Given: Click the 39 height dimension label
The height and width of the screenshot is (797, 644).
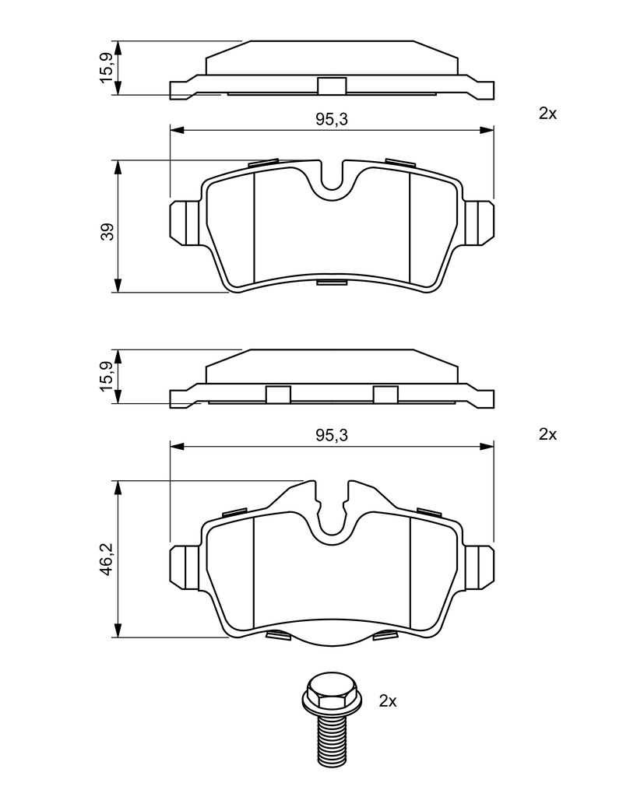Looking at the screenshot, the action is (x=107, y=232).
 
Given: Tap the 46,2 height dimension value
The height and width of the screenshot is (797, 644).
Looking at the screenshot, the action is (x=107, y=559).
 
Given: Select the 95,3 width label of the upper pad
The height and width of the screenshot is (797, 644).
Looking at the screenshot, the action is (x=332, y=119).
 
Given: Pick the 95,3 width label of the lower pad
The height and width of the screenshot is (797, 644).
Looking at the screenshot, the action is (x=332, y=435).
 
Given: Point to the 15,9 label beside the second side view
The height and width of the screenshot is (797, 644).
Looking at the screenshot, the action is (x=107, y=376).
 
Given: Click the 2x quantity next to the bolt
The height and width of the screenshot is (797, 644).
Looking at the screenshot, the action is (x=388, y=701).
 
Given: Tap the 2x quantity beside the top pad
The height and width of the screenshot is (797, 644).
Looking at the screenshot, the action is (x=548, y=114).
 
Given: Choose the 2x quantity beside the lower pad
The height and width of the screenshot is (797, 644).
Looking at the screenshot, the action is (x=548, y=434).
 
